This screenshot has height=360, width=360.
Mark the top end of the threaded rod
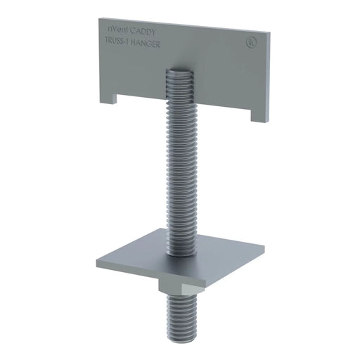click(x=178, y=69)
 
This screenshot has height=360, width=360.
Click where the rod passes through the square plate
click(x=181, y=255)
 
